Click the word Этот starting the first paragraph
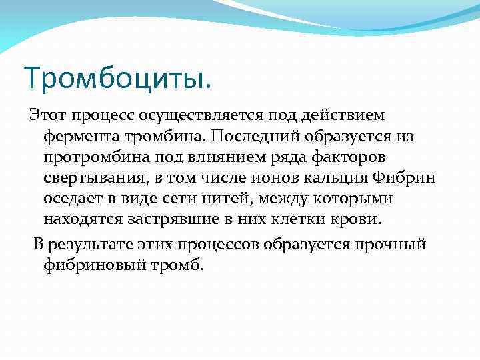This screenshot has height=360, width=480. (48, 115)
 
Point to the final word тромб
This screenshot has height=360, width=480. (177, 265)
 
